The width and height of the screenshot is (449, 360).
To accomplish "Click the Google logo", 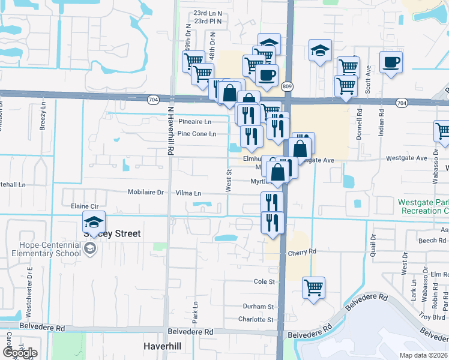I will coord(19,352).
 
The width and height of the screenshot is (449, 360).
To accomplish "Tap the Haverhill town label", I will coord(162,346).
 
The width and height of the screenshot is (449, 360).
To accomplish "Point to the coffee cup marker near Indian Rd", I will coord(391,62).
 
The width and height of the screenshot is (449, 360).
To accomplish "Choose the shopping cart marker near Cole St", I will coord(313,287).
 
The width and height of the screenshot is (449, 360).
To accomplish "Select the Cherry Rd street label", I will coord(301,253).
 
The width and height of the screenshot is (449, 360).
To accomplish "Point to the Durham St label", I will coord(258,307).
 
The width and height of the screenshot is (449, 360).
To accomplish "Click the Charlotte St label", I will coord(256,320).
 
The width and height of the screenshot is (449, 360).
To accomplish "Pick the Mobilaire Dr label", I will coord(145,193).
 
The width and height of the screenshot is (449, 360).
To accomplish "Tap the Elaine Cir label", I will coord(84,206).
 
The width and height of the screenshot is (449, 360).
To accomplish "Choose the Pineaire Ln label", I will coord(195,121).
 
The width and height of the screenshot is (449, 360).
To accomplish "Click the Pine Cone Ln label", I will coord(196,134).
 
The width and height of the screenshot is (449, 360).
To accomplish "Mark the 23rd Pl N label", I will coord(208,21).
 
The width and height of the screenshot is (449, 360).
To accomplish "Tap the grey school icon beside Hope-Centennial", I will coord(90,248).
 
